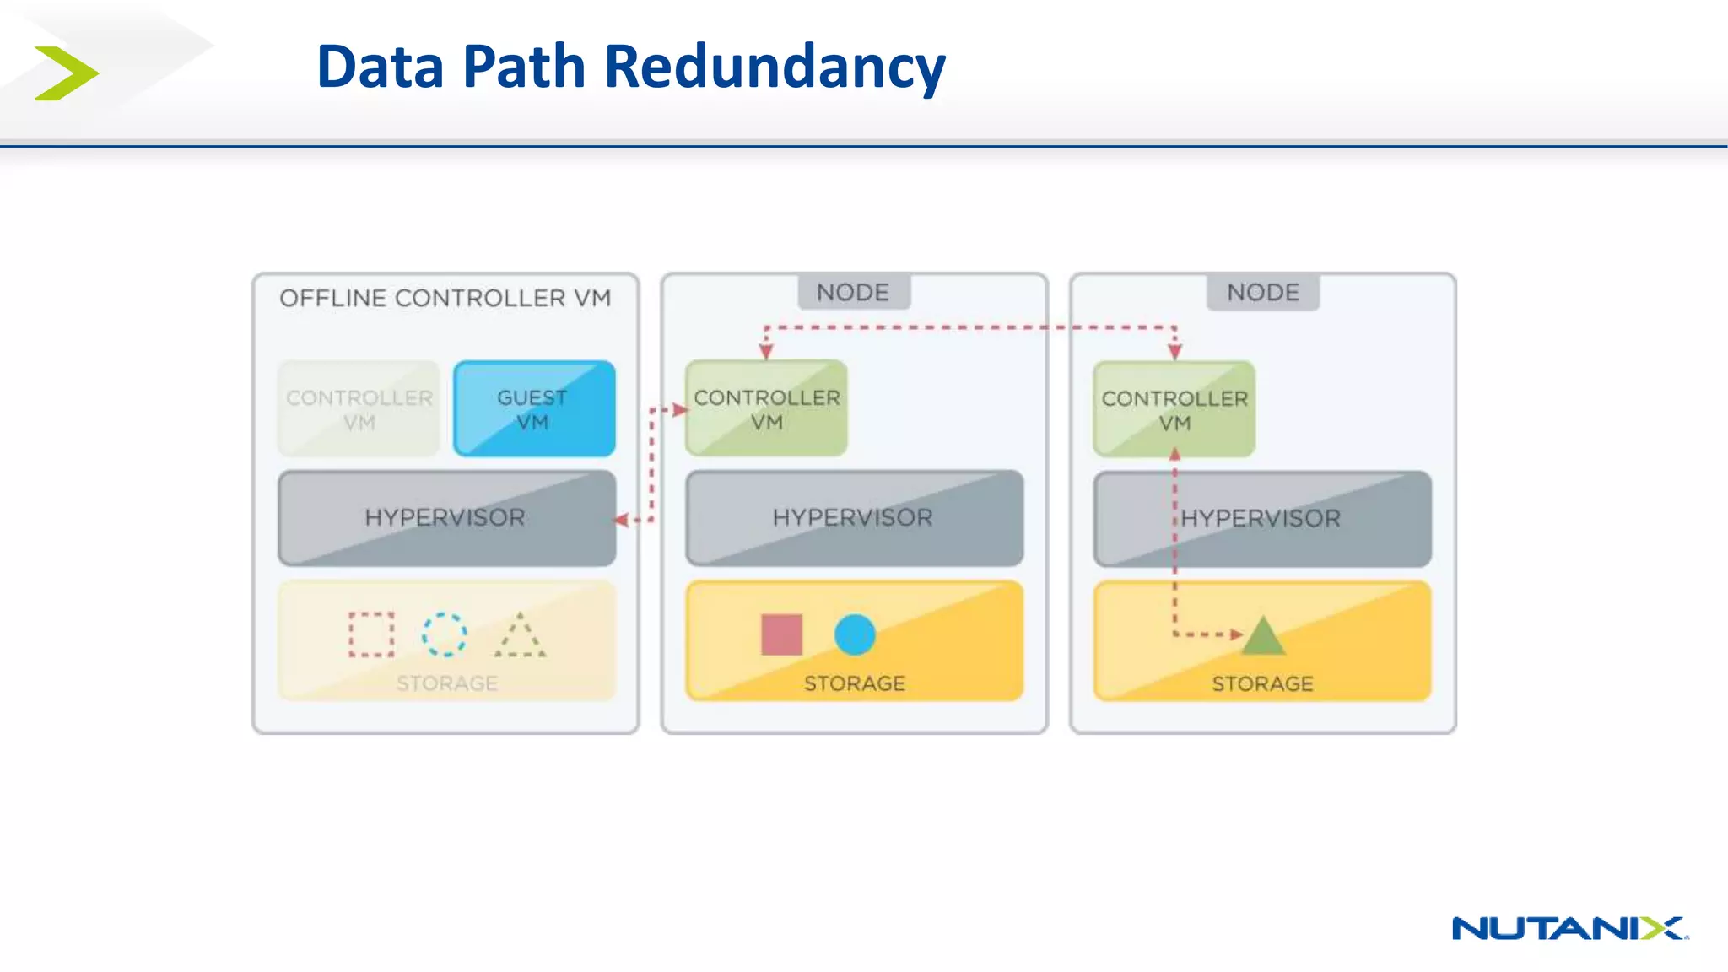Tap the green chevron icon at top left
point(66,73)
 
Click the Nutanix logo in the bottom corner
point(1569,928)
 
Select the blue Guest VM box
point(533,409)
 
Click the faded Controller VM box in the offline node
point(359,409)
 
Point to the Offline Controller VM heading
point(445,298)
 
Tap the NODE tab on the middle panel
point(853,293)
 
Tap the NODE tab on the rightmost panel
point(1262,293)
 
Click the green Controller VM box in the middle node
point(766,409)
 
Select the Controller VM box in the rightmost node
point(1174,410)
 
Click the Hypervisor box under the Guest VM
point(445,518)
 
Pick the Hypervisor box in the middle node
point(854,518)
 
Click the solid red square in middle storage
point(781,634)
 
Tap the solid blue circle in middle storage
point(855,634)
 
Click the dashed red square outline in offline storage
point(371,634)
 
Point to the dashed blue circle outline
point(444,634)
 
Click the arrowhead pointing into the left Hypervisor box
point(622,520)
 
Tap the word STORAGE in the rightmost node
point(1262,683)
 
